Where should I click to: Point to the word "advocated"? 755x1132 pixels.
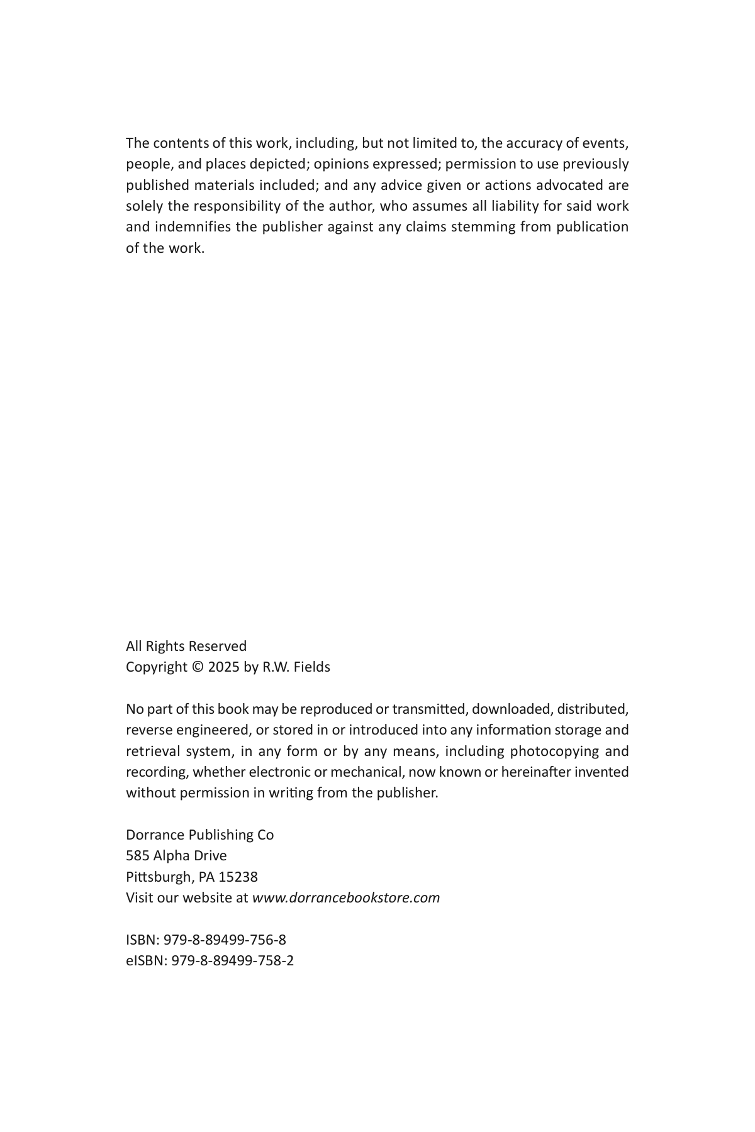tap(569, 186)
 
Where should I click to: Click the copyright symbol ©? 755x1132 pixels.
tap(198, 667)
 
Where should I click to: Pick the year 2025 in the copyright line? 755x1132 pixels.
tap(223, 667)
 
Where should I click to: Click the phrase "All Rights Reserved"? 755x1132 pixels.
tap(186, 646)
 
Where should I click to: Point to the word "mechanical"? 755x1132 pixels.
tap(367, 772)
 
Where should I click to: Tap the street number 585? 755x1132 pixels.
tap(137, 856)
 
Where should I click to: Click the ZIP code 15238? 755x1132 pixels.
tap(238, 877)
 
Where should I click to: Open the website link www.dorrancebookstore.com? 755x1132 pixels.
tap(346, 898)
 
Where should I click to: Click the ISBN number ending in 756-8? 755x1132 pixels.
tap(225, 940)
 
